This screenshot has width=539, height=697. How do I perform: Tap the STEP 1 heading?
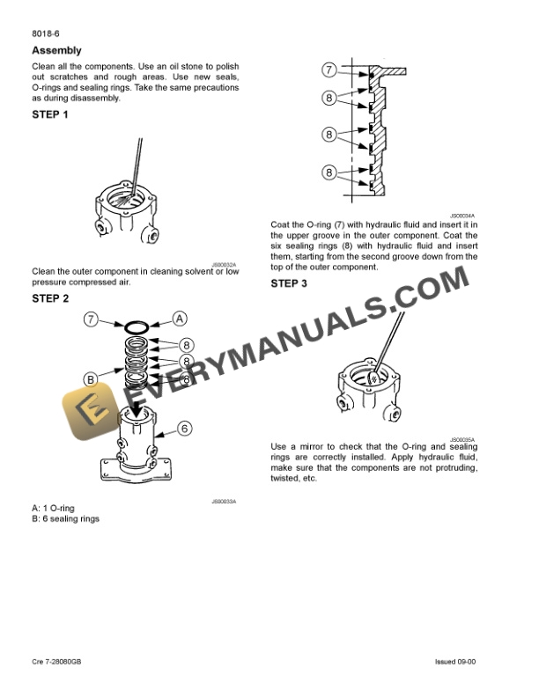tap(50, 114)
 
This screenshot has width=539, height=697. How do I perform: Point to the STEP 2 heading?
tap(50, 298)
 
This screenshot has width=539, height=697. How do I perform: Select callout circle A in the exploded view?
tap(179, 319)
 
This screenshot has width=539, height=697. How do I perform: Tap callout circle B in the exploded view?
tap(91, 379)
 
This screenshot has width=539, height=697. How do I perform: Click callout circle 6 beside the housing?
tap(184, 429)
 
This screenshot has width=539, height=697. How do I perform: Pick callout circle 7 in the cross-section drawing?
tap(329, 70)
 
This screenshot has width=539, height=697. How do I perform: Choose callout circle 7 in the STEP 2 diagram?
tap(91, 319)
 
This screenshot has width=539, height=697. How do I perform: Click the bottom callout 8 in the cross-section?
tap(329, 172)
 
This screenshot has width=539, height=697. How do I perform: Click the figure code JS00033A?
tap(224, 501)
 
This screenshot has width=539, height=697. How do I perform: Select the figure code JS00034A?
tap(462, 215)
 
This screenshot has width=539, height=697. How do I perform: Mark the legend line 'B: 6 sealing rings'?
tap(65, 518)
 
